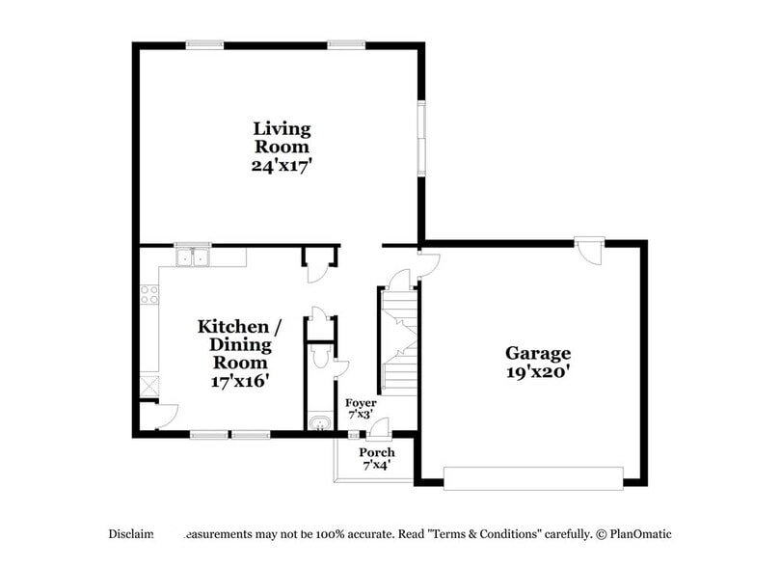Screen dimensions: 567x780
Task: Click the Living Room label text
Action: (282, 137)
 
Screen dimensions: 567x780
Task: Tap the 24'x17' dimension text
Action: (282, 165)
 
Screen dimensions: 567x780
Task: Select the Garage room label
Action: (538, 353)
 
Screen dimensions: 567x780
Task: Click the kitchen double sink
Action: (193, 257)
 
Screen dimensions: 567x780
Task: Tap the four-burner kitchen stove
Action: (149, 294)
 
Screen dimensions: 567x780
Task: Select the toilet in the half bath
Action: (322, 359)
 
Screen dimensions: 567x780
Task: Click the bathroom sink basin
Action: (318, 422)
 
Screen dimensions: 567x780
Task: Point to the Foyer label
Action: (361, 402)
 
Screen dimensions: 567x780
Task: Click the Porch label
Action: (377, 452)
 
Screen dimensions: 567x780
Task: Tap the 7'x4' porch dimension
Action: (377, 465)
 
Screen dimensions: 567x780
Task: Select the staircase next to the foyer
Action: (398, 342)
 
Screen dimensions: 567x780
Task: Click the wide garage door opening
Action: (532, 476)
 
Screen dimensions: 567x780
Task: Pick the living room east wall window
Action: (420, 137)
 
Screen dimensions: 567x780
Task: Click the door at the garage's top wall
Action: (588, 250)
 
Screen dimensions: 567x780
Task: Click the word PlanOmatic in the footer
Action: (637, 533)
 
